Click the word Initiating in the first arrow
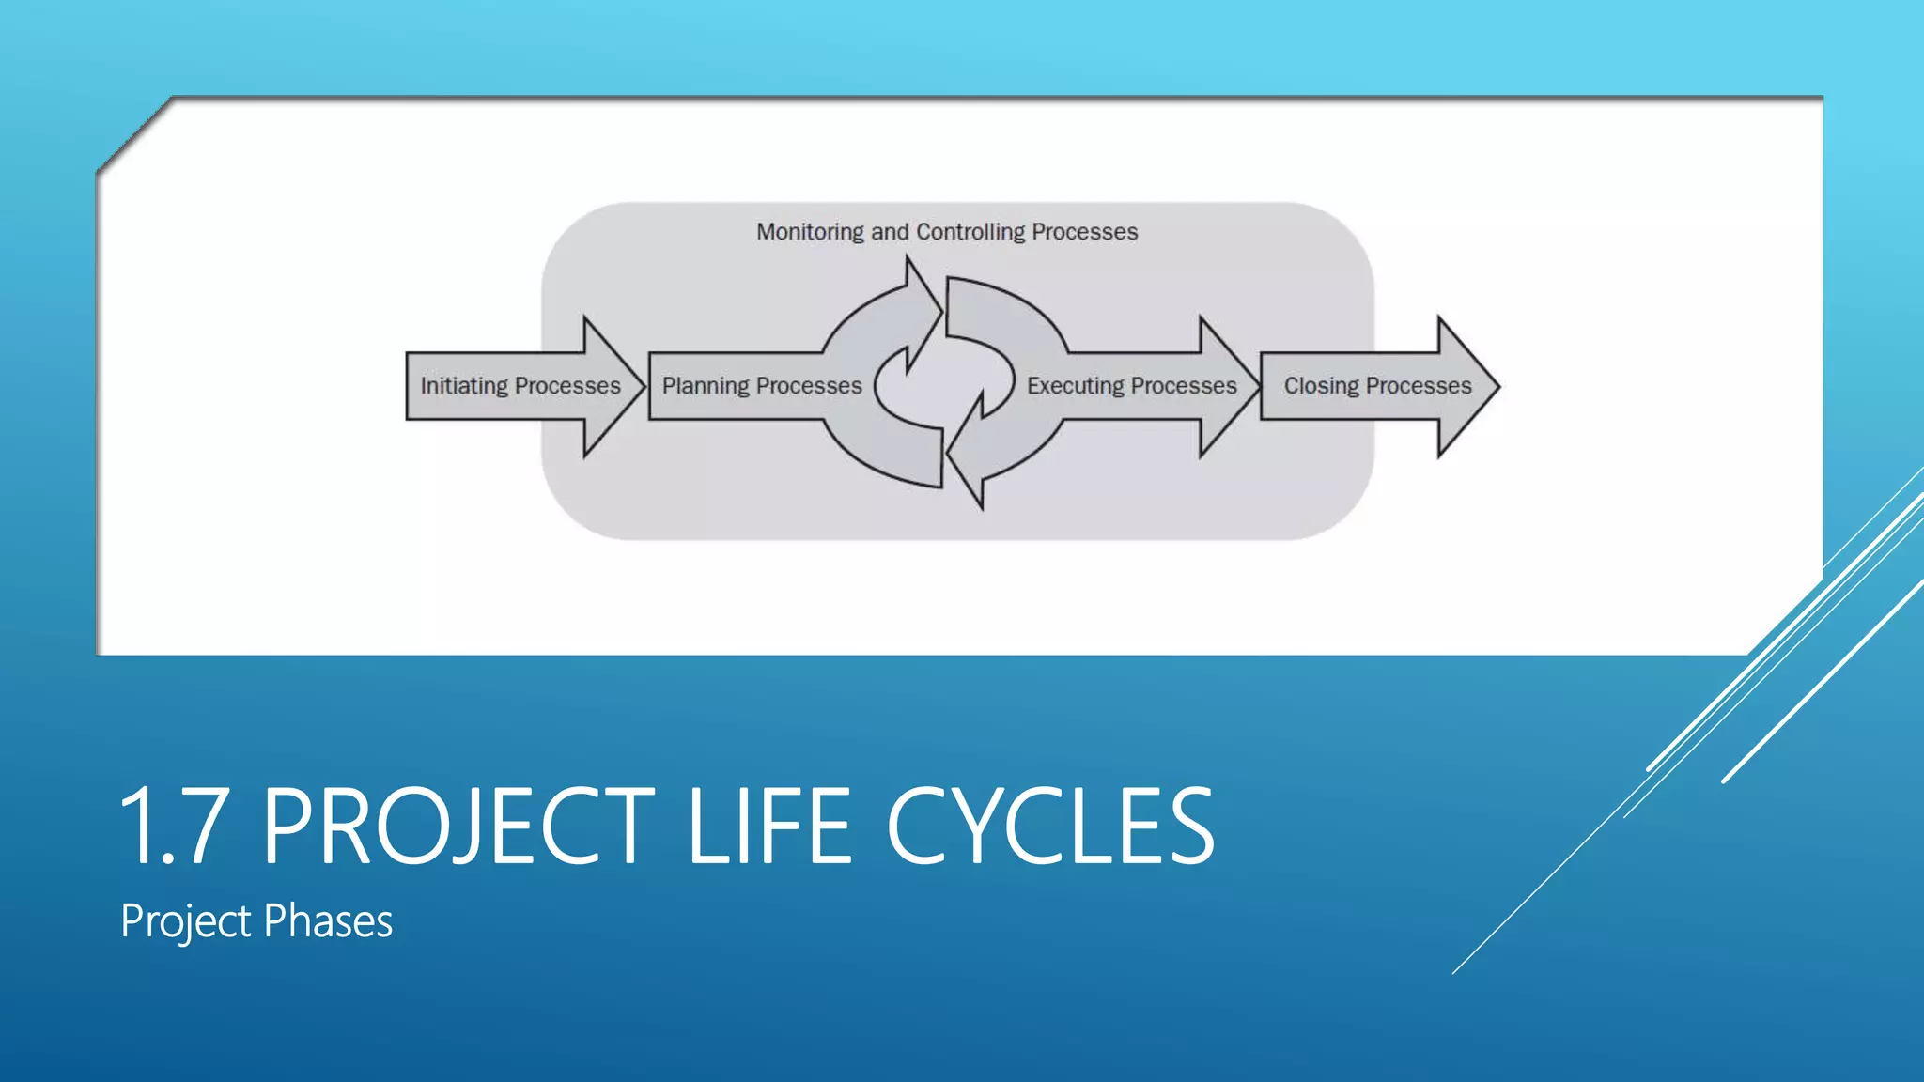pyautogui.click(x=464, y=386)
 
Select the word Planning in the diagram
pyautogui.click(x=706, y=386)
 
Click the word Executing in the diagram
pyautogui.click(x=1075, y=386)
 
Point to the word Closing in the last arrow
pyautogui.click(x=1321, y=386)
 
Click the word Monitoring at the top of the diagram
pyautogui.click(x=810, y=232)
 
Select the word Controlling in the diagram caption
pyautogui.click(x=970, y=232)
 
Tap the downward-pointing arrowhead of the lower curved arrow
pyautogui.click(x=968, y=470)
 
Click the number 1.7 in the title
pyautogui.click(x=174, y=827)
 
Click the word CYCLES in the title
pyautogui.click(x=1049, y=827)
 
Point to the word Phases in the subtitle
pyautogui.click(x=328, y=921)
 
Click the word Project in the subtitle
pyautogui.click(x=185, y=921)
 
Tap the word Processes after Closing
pyautogui.click(x=1418, y=386)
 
